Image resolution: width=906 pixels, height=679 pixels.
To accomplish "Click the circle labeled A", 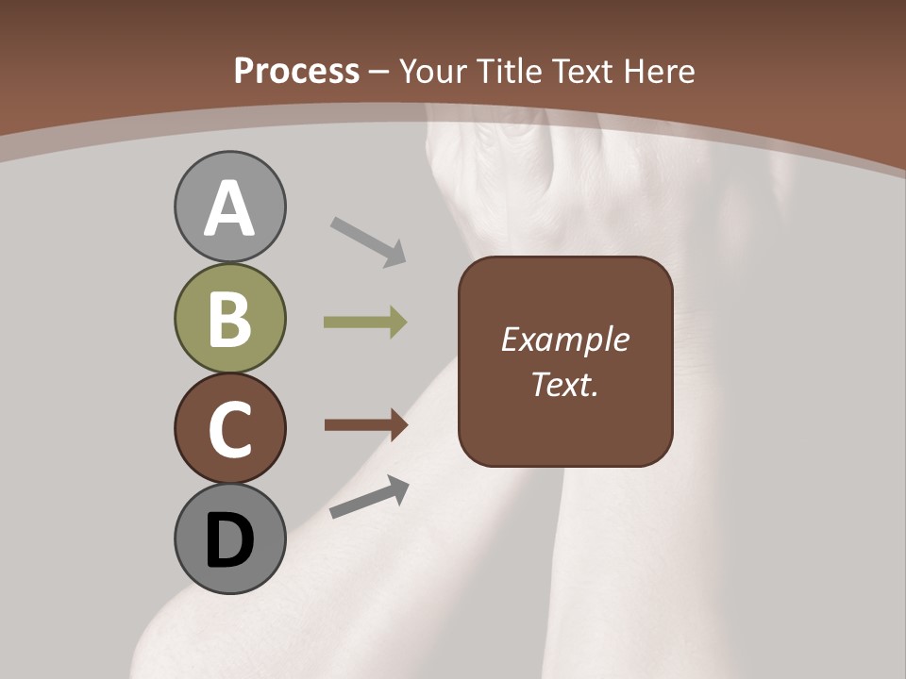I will pyautogui.click(x=229, y=207).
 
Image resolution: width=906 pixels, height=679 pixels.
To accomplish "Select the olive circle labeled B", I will pyautogui.click(x=229, y=319).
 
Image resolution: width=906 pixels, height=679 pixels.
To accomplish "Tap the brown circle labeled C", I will pyautogui.click(x=229, y=428).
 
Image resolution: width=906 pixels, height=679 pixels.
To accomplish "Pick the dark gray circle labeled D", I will pyautogui.click(x=229, y=538).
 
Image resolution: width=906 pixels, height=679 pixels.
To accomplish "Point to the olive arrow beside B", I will pyautogui.click(x=365, y=323).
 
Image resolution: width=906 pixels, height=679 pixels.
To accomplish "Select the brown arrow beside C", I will pyautogui.click(x=365, y=425).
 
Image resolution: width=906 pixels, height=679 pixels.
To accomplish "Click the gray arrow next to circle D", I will pyautogui.click(x=369, y=497).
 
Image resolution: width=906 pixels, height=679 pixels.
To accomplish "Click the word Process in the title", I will pyautogui.click(x=296, y=71).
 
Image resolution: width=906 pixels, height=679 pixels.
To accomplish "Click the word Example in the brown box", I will pyautogui.click(x=564, y=339).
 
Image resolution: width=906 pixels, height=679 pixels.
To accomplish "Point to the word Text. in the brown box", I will pyautogui.click(x=564, y=384).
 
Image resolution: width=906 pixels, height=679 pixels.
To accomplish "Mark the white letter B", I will pyautogui.click(x=229, y=319).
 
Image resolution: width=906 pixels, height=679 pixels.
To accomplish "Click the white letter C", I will pyautogui.click(x=229, y=429).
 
